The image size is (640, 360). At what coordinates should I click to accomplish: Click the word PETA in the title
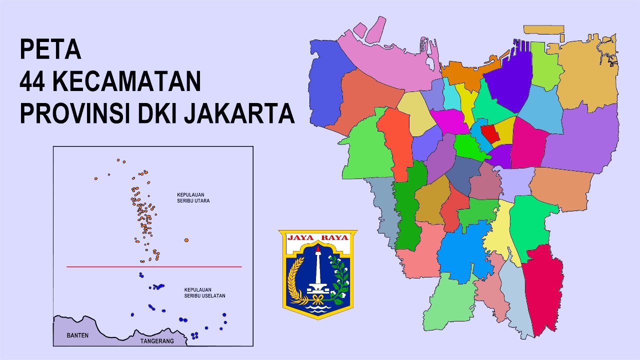50,49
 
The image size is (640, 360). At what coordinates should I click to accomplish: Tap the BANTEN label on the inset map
77,335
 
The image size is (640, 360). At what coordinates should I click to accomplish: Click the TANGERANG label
157,341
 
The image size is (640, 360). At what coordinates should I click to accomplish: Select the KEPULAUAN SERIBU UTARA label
193,197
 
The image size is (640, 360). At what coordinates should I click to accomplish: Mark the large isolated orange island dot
186,240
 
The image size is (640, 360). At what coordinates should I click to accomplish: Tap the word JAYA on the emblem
300,237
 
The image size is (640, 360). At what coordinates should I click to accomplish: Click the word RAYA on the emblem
334,237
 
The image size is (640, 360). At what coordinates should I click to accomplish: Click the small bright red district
489,134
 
